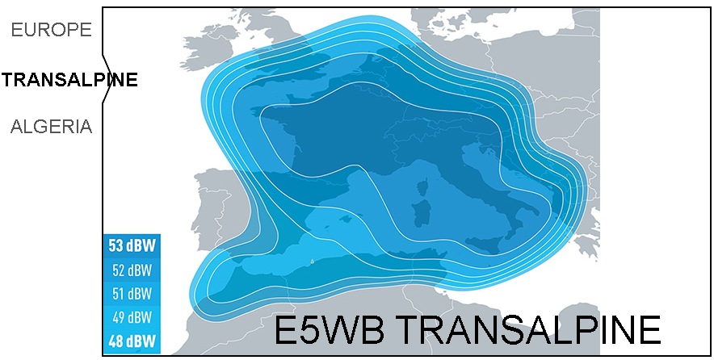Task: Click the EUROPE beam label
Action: [x=52, y=31]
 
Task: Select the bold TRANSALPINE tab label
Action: [x=69, y=79]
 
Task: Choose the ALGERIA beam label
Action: [x=52, y=127]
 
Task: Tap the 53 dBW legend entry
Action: [x=132, y=245]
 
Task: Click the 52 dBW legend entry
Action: [x=132, y=270]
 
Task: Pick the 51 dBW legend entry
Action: [x=132, y=293]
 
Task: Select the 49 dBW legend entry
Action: [x=132, y=316]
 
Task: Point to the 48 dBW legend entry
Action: [x=132, y=340]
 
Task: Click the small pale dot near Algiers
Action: [x=311, y=282]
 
